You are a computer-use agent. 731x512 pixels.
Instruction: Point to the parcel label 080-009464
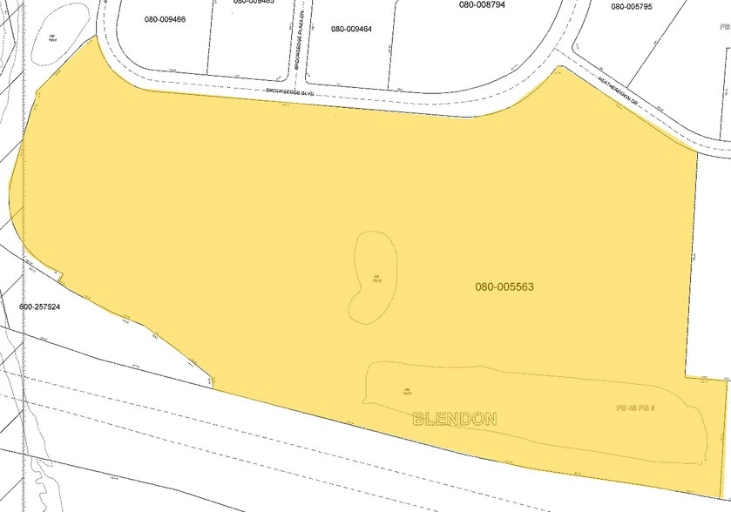click(x=351, y=29)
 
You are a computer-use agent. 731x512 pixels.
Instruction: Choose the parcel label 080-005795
click(x=632, y=7)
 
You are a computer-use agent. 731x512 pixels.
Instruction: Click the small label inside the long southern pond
click(x=406, y=391)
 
